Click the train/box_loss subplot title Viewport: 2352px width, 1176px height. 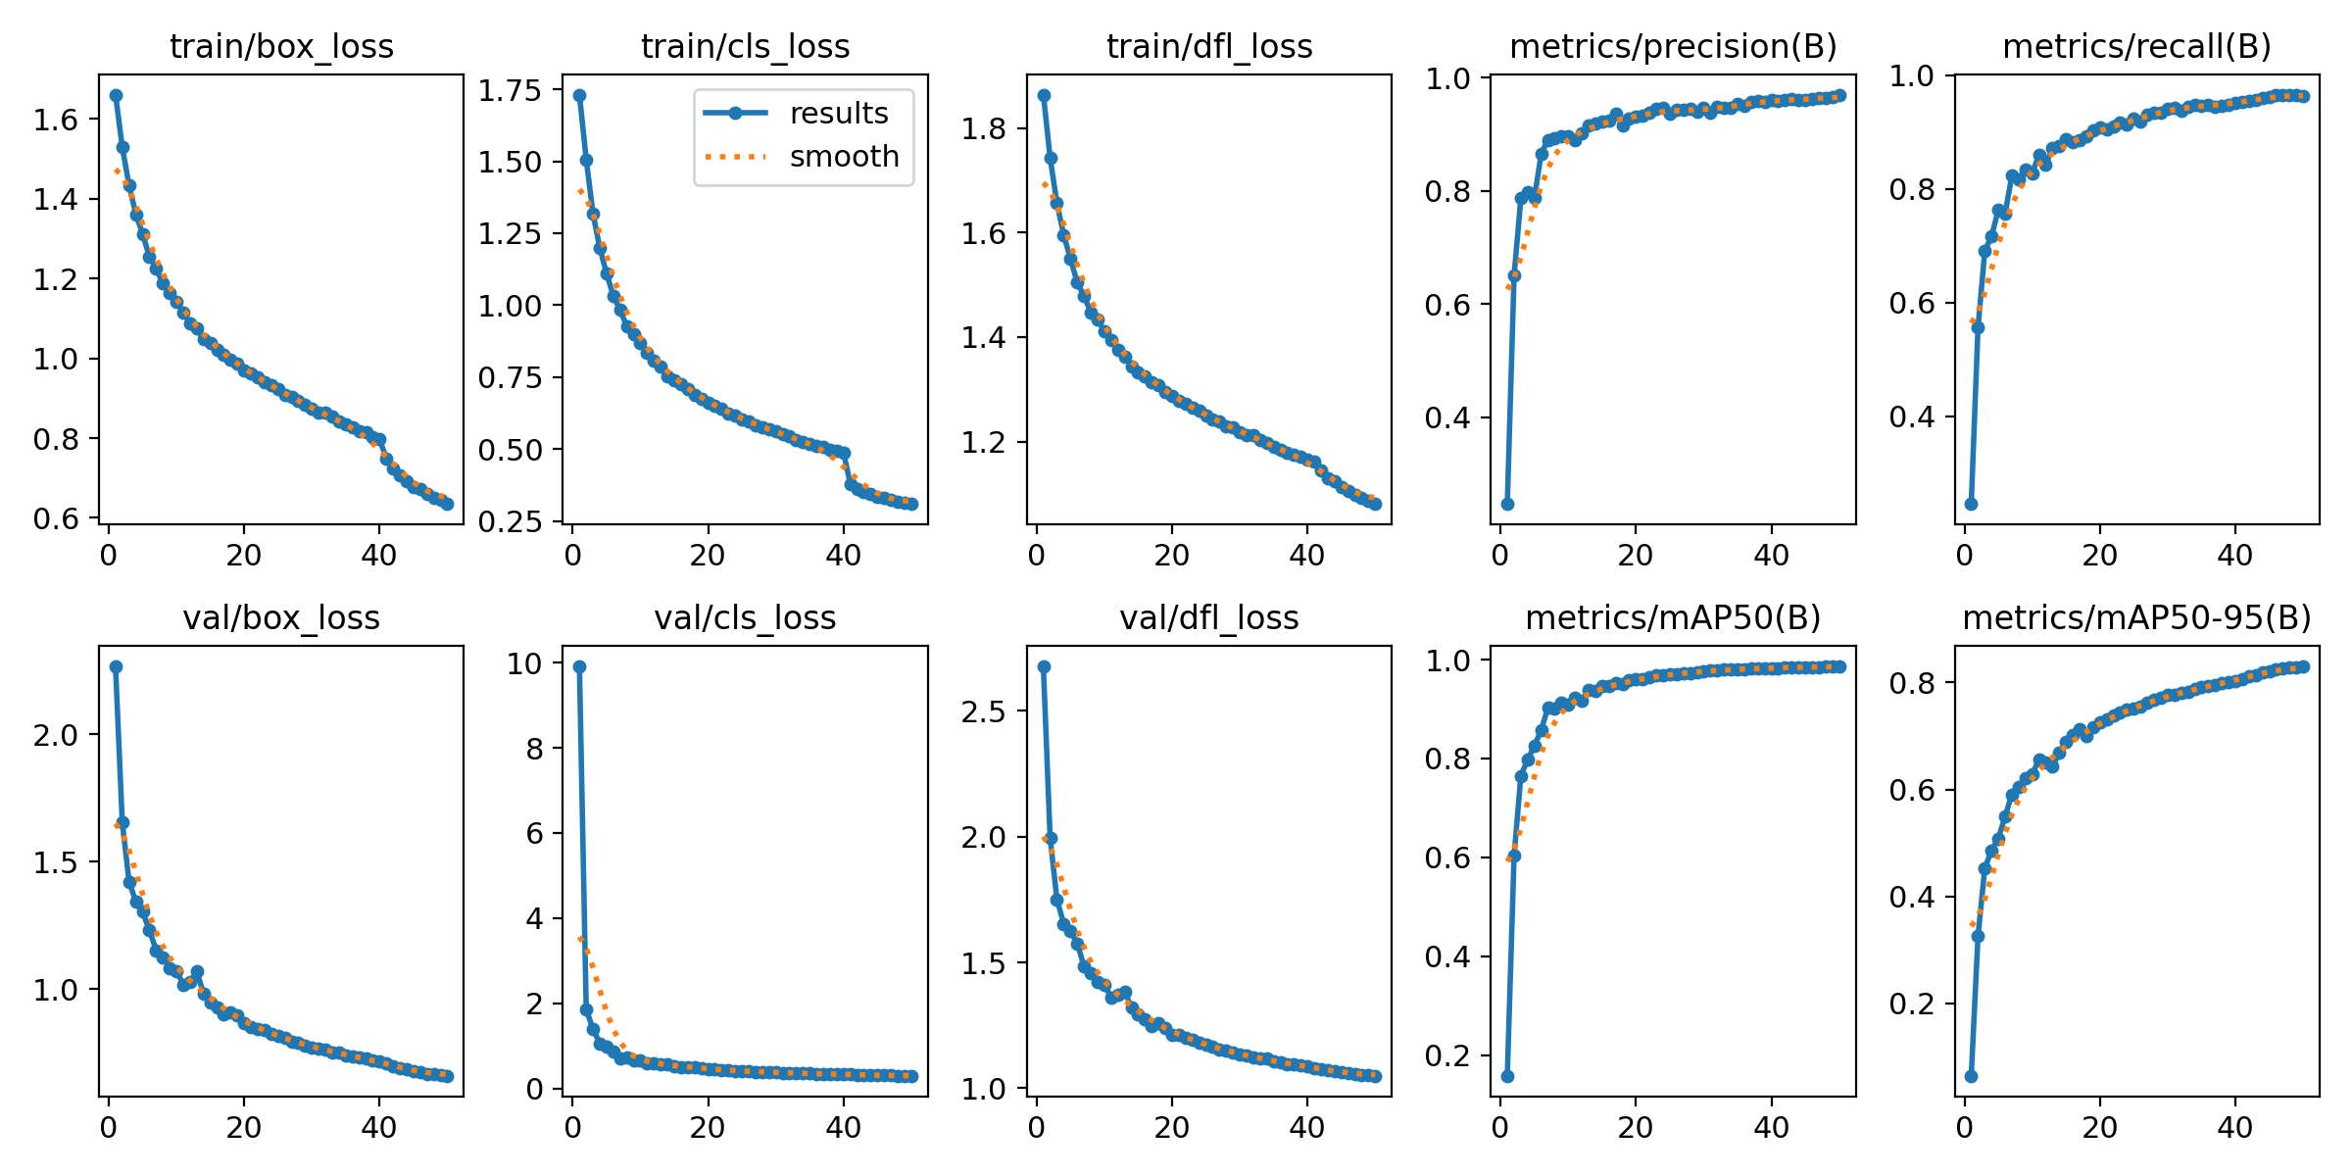pos(281,46)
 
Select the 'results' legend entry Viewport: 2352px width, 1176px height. pos(838,113)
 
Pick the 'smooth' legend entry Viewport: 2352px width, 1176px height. pos(844,156)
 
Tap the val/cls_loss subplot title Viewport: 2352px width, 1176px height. pos(745,617)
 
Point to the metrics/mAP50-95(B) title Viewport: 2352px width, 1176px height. pos(2136,617)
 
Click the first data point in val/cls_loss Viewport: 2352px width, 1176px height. pos(579,666)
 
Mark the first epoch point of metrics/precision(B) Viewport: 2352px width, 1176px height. pos(1507,504)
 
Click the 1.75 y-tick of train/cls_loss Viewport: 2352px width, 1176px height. pos(510,90)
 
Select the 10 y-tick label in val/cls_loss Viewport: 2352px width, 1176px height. pos(523,663)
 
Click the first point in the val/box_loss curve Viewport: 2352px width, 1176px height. pos(116,666)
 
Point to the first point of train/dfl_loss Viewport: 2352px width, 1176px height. pos(1044,95)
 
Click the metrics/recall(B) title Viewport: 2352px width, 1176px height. pos(2136,46)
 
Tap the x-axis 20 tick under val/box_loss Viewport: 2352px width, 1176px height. pos(243,1128)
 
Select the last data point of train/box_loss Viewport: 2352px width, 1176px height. pos(447,504)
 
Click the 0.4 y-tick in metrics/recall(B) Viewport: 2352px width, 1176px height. pos(1911,416)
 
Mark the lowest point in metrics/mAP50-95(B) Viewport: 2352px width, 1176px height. pos(1971,1076)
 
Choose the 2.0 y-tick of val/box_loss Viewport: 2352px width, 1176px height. pos(55,735)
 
